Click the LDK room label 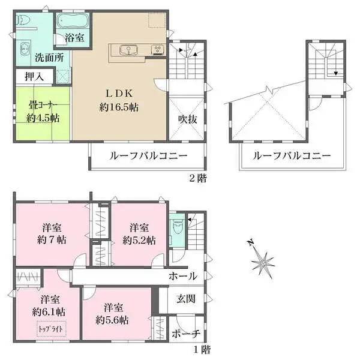119,94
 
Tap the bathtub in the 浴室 73,21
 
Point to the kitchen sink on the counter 128,50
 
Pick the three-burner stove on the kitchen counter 157,50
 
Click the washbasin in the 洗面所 24,49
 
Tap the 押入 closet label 34,76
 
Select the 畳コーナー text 43,106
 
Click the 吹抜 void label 188,119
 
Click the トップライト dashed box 51,329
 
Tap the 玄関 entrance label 186,299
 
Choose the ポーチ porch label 186,334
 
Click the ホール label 183,276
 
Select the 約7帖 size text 52,240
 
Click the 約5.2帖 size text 139,241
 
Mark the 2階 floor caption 198,178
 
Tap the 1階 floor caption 202,350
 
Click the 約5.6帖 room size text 112,320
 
